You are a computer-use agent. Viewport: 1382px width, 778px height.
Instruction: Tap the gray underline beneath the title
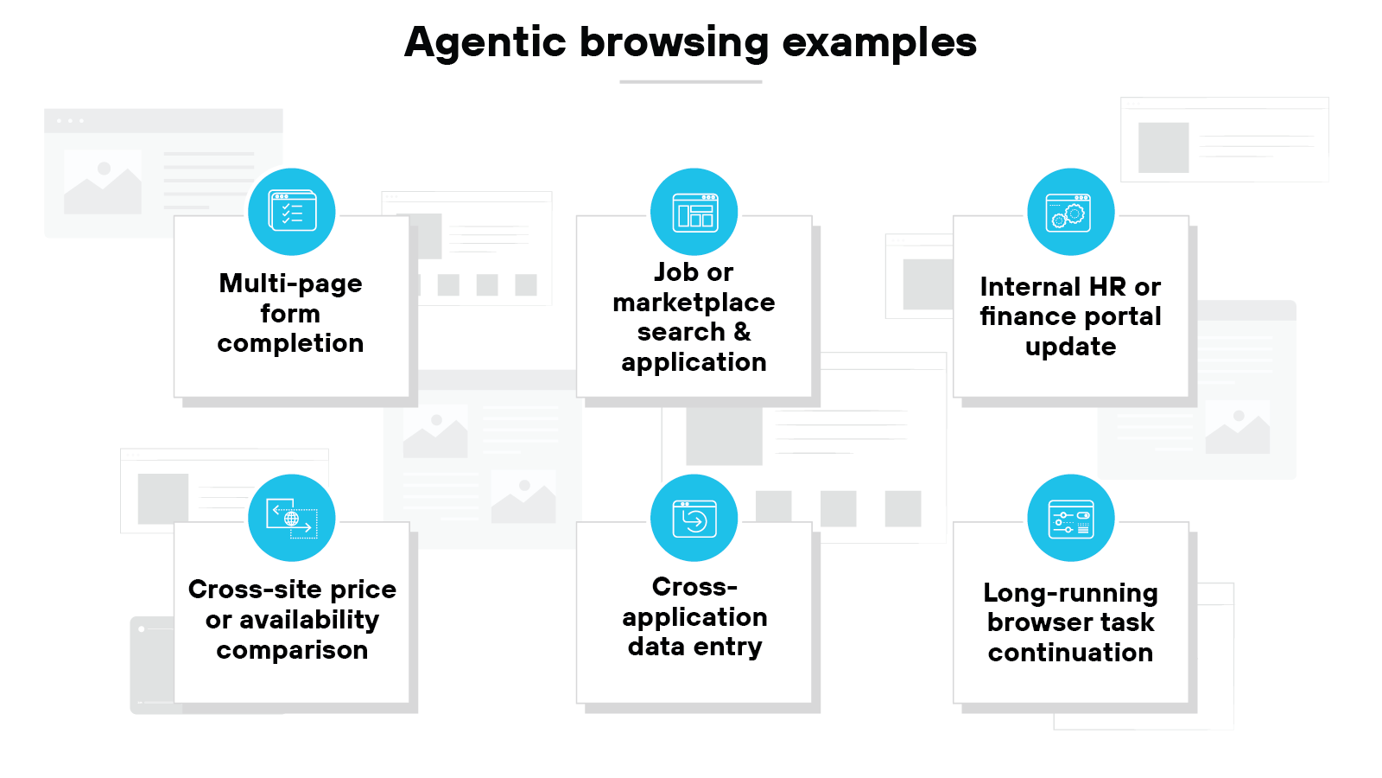(x=690, y=82)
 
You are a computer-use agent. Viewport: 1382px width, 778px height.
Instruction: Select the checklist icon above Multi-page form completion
(x=292, y=212)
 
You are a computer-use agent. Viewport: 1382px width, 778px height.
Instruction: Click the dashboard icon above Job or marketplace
(x=694, y=212)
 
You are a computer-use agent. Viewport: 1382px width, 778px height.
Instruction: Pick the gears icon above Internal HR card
(x=1070, y=212)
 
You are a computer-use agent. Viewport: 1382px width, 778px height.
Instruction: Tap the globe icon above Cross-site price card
(x=292, y=518)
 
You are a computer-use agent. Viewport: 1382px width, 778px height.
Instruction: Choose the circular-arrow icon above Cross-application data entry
(x=694, y=518)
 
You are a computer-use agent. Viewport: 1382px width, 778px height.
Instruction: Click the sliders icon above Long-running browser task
(x=1070, y=518)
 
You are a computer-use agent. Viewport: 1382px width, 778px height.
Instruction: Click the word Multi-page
(x=291, y=284)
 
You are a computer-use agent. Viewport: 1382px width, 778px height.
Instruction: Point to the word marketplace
(x=694, y=303)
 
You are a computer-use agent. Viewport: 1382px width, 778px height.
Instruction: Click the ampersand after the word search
(x=742, y=332)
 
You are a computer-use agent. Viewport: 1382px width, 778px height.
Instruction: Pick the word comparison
(x=292, y=650)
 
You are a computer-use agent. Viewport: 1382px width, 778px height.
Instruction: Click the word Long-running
(x=1070, y=593)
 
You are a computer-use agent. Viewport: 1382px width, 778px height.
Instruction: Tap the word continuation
(x=1070, y=653)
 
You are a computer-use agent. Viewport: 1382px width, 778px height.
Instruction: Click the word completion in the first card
(x=290, y=343)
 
